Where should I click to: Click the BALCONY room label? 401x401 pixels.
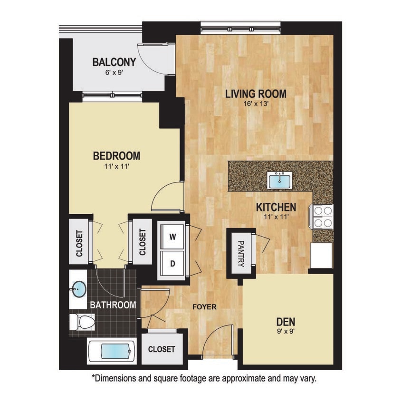pyautogui.click(x=114, y=62)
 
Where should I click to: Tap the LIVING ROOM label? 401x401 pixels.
pyautogui.click(x=256, y=94)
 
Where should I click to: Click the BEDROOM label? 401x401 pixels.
pyautogui.click(x=116, y=156)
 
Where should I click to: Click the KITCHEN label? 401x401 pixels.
pyautogui.click(x=276, y=207)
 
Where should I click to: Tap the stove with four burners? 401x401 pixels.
pyautogui.click(x=322, y=217)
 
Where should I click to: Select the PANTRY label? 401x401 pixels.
pyautogui.click(x=240, y=254)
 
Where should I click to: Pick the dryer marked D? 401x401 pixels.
pyautogui.click(x=172, y=262)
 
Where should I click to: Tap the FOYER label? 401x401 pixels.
pyautogui.click(x=204, y=307)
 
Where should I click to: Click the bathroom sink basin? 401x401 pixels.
pyautogui.click(x=78, y=288)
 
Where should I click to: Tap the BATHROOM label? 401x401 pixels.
pyautogui.click(x=114, y=305)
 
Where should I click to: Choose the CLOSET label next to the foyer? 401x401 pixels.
pyautogui.click(x=162, y=349)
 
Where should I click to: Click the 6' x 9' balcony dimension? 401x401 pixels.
pyautogui.click(x=114, y=73)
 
